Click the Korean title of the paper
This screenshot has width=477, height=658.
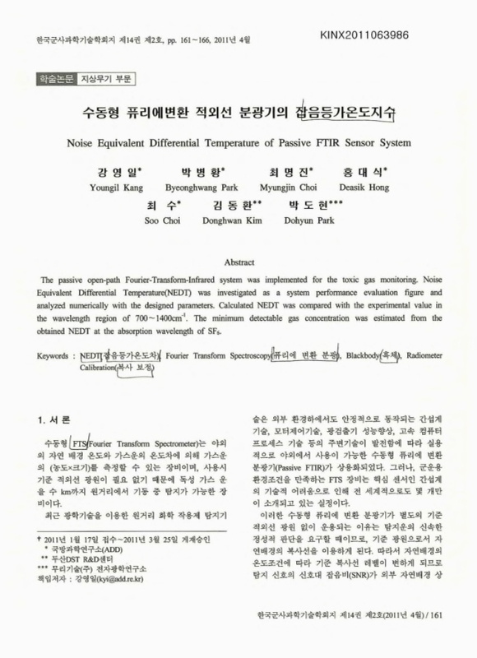point(239,112)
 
